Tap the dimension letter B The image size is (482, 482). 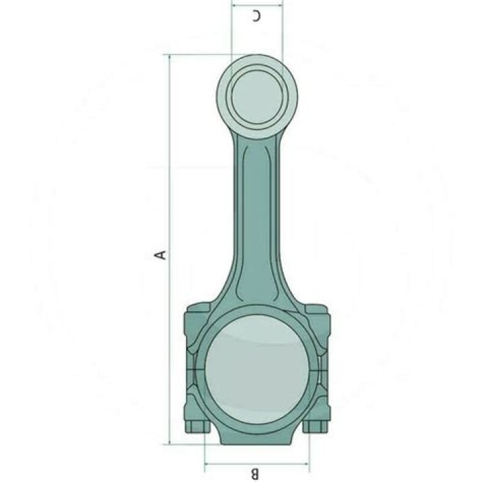(x=255, y=474)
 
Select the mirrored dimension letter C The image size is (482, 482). (x=256, y=15)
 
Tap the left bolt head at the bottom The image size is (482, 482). (x=197, y=426)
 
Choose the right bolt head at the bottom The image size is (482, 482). (x=315, y=426)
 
